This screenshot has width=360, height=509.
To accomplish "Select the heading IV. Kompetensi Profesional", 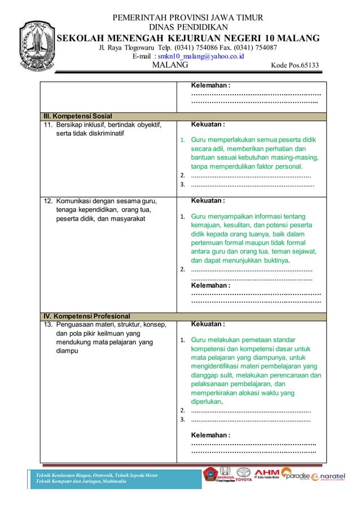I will pos(84,315).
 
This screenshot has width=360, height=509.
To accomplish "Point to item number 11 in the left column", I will pos(47,124).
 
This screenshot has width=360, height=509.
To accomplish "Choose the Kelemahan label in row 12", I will pos(210,286).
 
